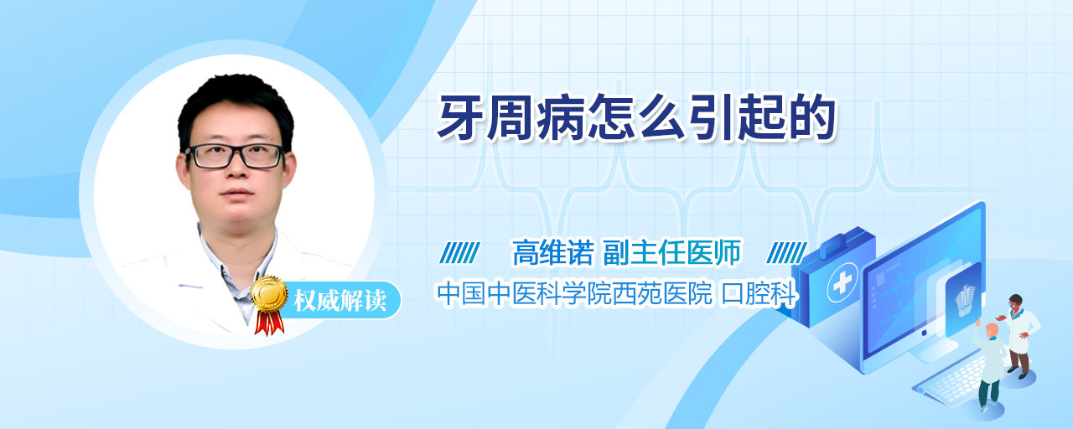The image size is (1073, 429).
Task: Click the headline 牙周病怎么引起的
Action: point(636,118)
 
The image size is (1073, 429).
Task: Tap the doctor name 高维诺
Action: point(552,252)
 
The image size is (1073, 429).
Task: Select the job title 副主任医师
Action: point(671,252)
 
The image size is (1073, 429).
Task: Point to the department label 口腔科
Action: point(759,293)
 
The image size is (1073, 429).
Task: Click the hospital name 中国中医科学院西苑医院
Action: point(574,293)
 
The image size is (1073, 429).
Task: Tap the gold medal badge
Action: point(269,293)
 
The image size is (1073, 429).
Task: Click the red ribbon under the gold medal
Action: point(269,323)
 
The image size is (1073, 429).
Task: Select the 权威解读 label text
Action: point(340,301)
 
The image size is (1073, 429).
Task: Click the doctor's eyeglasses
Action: point(234,156)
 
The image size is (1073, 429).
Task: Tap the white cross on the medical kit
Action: point(842,282)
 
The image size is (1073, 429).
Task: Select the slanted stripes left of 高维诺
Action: point(459,253)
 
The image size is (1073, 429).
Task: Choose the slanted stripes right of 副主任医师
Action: point(786,253)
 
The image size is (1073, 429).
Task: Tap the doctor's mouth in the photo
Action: point(237,194)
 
